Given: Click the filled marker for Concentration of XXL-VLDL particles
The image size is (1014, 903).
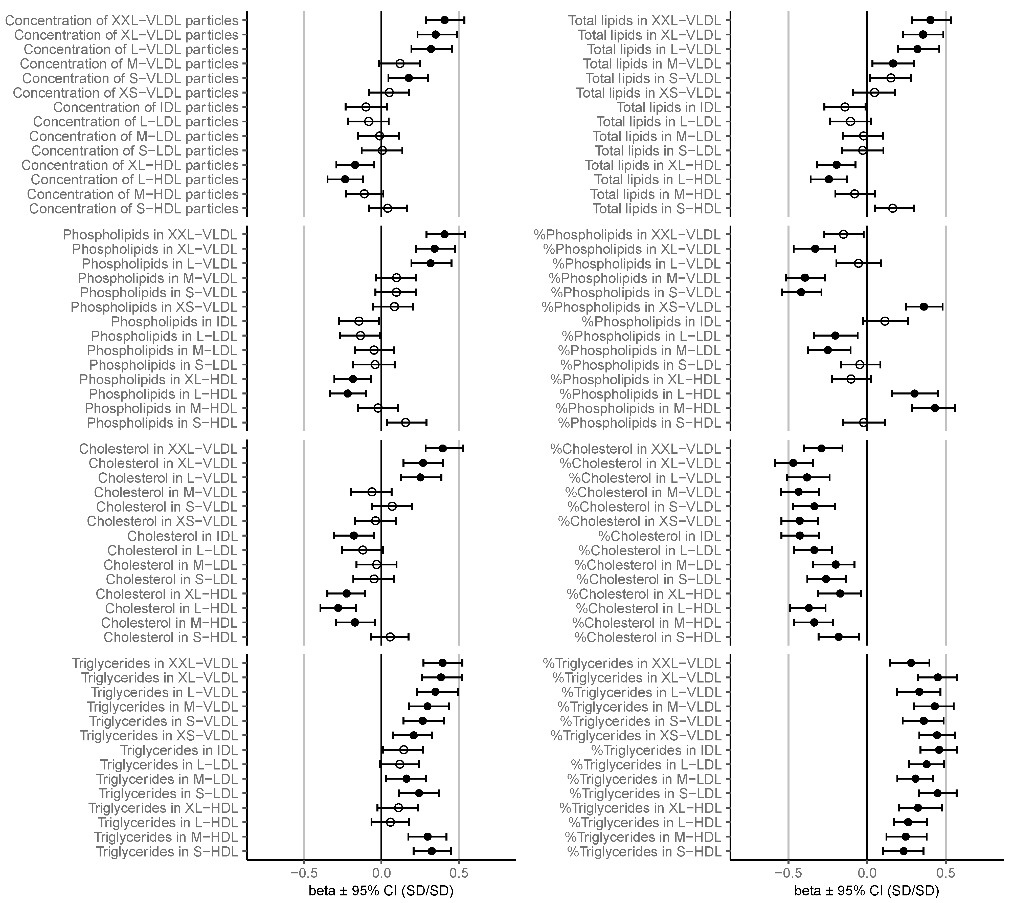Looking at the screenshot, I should point(444,20).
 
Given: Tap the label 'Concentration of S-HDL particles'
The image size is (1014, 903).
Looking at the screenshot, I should point(134,208).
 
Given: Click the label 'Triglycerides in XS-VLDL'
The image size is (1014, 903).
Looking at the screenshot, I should point(159,735).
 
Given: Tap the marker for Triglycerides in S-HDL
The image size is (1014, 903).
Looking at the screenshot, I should point(431,851).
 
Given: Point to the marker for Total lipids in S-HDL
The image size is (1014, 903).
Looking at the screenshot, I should point(892,208).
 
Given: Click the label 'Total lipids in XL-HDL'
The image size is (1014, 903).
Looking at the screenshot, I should point(652,165).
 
